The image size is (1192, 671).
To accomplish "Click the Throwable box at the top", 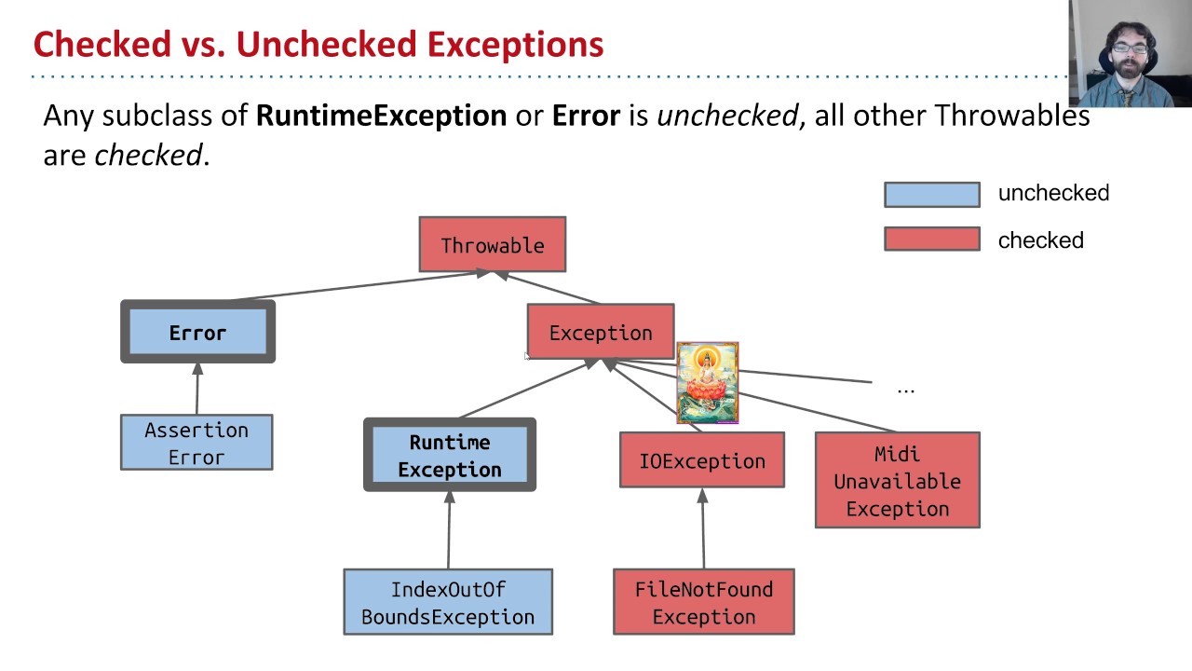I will coord(492,245).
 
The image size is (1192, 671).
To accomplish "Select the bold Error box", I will coord(197,332).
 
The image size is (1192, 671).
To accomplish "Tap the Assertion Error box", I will coord(196,443).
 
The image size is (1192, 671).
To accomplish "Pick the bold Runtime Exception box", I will coord(450,455).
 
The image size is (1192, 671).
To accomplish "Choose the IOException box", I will coord(702,460).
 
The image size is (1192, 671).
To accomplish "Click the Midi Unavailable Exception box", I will coord(897,480).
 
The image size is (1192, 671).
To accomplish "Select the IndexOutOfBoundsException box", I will coord(448,602).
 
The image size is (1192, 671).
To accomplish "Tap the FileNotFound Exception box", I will coord(703,602).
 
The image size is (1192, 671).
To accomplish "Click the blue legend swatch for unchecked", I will coord(931,194).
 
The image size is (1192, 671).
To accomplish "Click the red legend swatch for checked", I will coord(931,240).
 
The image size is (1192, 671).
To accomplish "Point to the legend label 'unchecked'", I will coord(1053,193).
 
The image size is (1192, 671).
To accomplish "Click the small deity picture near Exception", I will coord(708,383).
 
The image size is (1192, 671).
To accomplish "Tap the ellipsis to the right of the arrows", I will coord(905,390).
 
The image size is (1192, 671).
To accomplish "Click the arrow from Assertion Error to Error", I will coord(196,389).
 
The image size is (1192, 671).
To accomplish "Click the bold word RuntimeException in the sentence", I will coord(381,116).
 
